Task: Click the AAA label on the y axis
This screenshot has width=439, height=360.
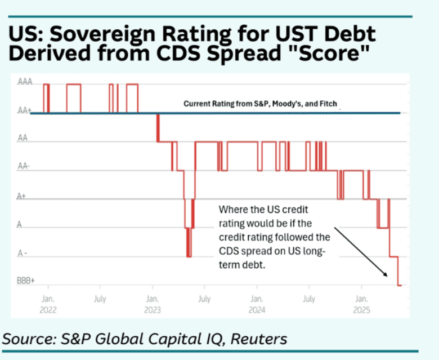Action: point(25,82)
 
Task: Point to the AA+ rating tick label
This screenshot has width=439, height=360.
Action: point(24,112)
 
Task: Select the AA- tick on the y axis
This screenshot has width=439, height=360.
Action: point(24,167)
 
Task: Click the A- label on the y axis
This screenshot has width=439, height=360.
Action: point(23,254)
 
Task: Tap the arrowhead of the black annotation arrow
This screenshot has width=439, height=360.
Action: point(387,275)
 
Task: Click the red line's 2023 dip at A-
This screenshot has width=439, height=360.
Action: point(189,256)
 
